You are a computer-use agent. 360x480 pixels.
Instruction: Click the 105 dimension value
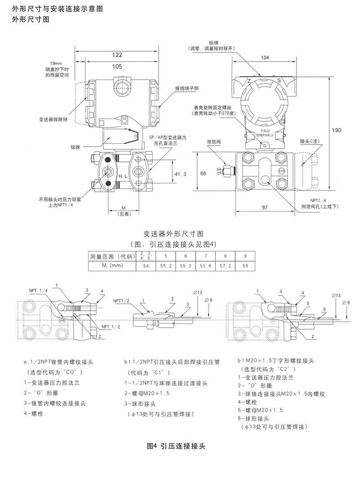(117, 67)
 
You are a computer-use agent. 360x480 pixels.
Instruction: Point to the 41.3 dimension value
(180, 173)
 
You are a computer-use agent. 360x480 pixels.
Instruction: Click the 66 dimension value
(203, 173)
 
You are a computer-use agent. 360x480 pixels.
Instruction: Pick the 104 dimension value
(265, 58)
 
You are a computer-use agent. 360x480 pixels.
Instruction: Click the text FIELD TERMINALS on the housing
(264, 132)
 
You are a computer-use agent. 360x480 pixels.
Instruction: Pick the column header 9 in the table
(245, 256)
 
